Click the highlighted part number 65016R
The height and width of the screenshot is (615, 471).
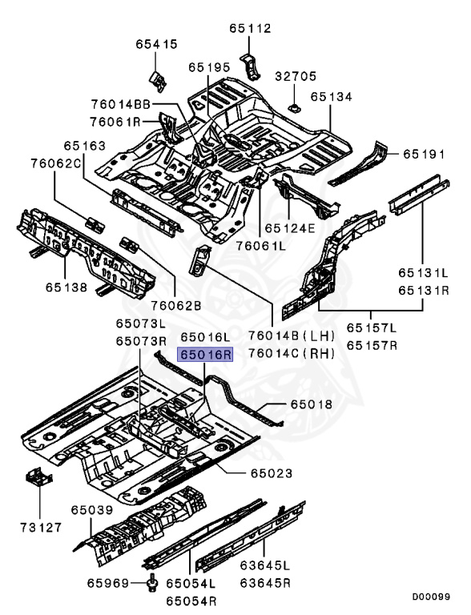pyautogui.click(x=205, y=354)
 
